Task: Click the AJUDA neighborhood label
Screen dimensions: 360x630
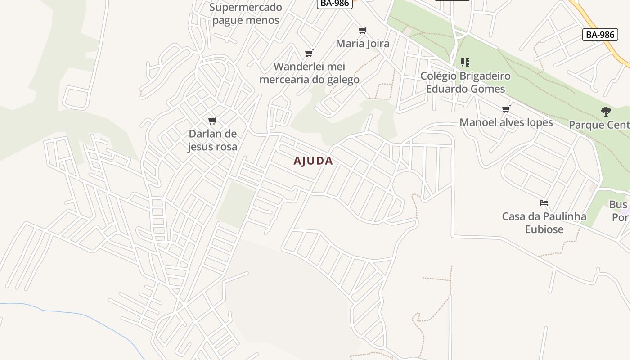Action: (313, 161)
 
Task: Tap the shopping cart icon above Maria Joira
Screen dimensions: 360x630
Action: (363, 31)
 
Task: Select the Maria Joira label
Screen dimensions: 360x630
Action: (363, 44)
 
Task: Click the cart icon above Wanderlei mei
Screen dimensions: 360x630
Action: (309, 54)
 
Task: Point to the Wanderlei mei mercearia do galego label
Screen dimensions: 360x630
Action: (310, 73)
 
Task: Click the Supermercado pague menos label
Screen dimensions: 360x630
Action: (246, 13)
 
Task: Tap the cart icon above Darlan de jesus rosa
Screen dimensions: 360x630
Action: (212, 121)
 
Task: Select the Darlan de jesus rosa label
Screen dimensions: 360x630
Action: (212, 140)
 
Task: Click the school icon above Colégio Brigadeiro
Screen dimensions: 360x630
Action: (465, 63)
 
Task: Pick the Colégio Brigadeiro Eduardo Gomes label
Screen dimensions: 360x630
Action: (465, 82)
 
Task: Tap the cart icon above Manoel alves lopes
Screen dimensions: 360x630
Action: (506, 109)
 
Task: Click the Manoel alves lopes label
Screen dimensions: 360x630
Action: (506, 122)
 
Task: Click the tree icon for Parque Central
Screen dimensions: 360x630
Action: (606, 112)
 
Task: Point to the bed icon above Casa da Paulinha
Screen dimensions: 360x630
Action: (544, 203)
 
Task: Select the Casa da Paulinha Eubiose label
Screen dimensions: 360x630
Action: (544, 223)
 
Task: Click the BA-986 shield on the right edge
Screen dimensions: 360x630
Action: (600, 35)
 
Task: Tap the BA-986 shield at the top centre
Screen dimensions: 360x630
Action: (334, 3)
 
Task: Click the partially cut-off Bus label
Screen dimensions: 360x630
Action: (619, 205)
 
